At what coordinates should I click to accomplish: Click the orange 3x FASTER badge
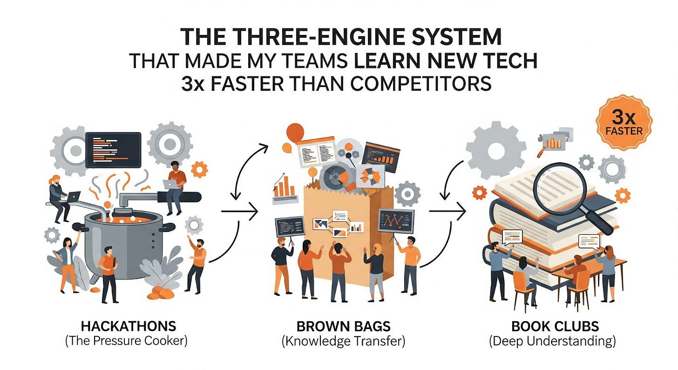pyautogui.click(x=624, y=122)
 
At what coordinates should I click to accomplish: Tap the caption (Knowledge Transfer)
pyautogui.click(x=343, y=341)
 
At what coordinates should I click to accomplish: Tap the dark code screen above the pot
pyautogui.click(x=113, y=150)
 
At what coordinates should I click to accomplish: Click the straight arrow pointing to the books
pyautogui.click(x=447, y=212)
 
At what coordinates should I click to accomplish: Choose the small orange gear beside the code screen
pyautogui.click(x=199, y=169)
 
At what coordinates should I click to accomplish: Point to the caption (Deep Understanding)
pyautogui.click(x=552, y=341)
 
